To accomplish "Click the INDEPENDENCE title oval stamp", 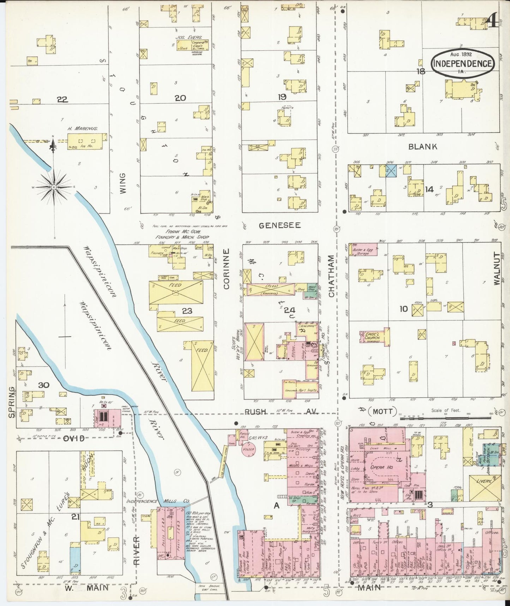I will coord(462,63).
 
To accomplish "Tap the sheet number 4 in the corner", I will coord(492,20).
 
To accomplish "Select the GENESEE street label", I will coord(280,225).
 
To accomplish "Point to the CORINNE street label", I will coord(226,269).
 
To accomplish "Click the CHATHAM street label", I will coord(331,276).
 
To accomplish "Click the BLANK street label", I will coord(422,146).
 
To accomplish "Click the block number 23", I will coord(187,311).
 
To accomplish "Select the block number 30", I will coord(43,385).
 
